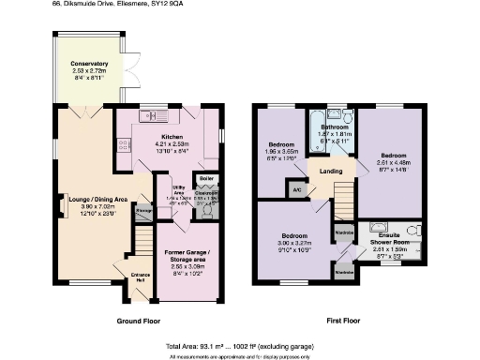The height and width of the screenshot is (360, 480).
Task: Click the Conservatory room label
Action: pyautogui.click(x=89, y=63)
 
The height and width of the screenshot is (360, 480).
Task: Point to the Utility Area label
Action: pyautogui.click(x=166, y=190)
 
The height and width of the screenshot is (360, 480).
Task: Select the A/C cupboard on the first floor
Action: pyautogui.click(x=297, y=189)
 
